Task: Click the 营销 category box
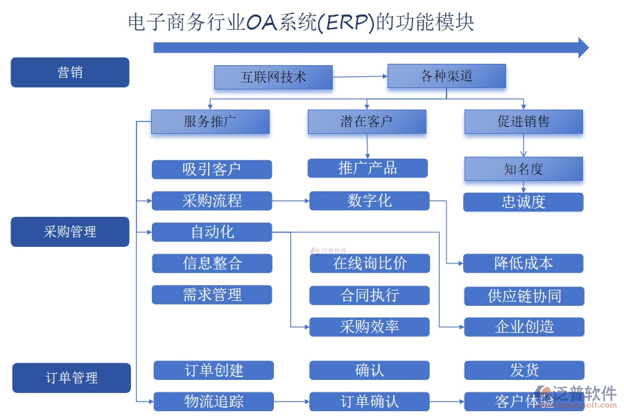(70, 72)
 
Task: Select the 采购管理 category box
(70, 232)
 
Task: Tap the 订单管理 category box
(71, 378)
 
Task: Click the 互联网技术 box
(273, 77)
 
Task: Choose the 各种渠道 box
(447, 76)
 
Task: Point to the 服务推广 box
(210, 122)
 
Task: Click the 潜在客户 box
(367, 122)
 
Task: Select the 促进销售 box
(523, 122)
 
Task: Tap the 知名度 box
(523, 168)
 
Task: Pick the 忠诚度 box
(523, 202)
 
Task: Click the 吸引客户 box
(211, 169)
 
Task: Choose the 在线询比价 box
(370, 263)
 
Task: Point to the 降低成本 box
(523, 263)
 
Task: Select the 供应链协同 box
(524, 296)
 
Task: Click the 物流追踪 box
(214, 401)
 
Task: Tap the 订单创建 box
(214, 370)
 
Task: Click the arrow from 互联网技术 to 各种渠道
(360, 76)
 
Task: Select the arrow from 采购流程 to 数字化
(291, 201)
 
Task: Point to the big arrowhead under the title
(582, 47)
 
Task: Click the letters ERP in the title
(349, 22)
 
